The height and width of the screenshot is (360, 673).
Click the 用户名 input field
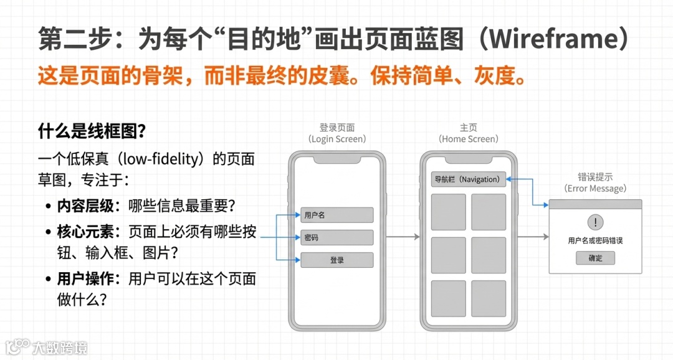point(336,215)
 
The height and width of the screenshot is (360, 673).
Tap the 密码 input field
point(336,237)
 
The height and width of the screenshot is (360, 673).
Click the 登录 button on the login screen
point(336,260)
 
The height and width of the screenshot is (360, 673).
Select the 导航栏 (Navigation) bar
point(468,179)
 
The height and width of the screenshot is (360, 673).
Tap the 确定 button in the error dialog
point(595,258)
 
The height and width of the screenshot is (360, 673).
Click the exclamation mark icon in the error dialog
point(595,222)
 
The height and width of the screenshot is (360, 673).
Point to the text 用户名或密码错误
point(595,240)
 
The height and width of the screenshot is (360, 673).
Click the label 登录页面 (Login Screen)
point(337,133)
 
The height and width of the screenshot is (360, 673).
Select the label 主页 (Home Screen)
point(469,133)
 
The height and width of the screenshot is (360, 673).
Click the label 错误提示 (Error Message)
point(595,182)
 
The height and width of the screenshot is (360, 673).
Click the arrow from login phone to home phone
point(403,237)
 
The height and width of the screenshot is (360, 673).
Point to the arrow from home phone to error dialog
point(533,237)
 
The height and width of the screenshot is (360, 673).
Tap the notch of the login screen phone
point(336,159)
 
